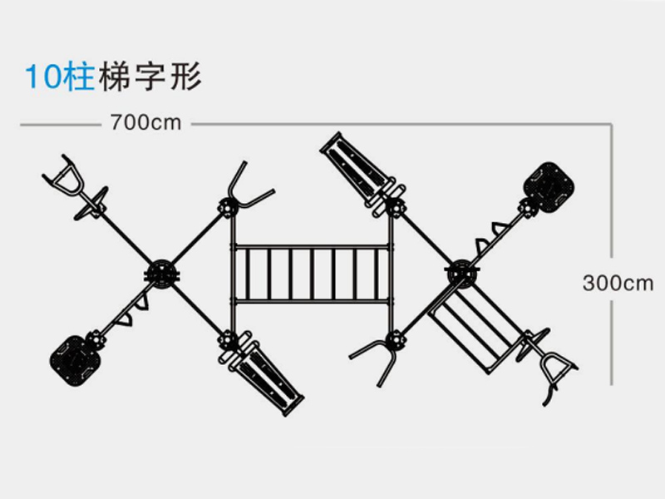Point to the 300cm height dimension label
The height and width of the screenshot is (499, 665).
[x=617, y=283]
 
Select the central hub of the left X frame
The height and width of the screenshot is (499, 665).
[x=160, y=274]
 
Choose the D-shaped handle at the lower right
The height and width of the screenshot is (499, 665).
[x=556, y=367]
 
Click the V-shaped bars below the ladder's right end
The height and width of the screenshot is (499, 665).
[x=378, y=358]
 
